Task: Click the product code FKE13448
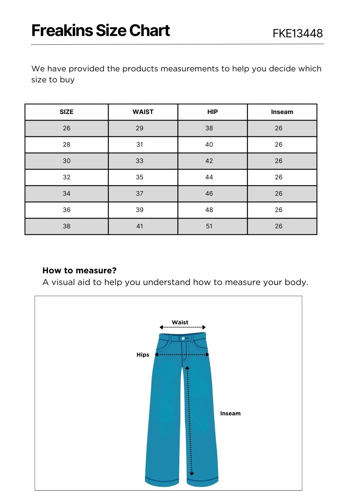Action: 298,33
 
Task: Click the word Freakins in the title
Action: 62,31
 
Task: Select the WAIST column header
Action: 143,112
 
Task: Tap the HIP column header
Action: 212,112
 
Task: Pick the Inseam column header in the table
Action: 282,112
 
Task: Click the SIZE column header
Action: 66,112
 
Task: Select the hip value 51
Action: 209,226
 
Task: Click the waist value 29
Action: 140,128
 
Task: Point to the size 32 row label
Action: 67,177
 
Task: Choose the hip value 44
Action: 209,177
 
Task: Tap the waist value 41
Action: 140,226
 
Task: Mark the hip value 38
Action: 209,128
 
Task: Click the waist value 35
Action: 140,177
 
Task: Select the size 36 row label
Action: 67,210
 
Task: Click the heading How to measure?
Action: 79,270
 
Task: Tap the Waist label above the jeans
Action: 180,322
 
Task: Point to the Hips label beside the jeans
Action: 143,355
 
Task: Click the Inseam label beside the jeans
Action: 230,413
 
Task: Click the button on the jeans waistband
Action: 183,338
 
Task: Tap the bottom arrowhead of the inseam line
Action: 192,473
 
